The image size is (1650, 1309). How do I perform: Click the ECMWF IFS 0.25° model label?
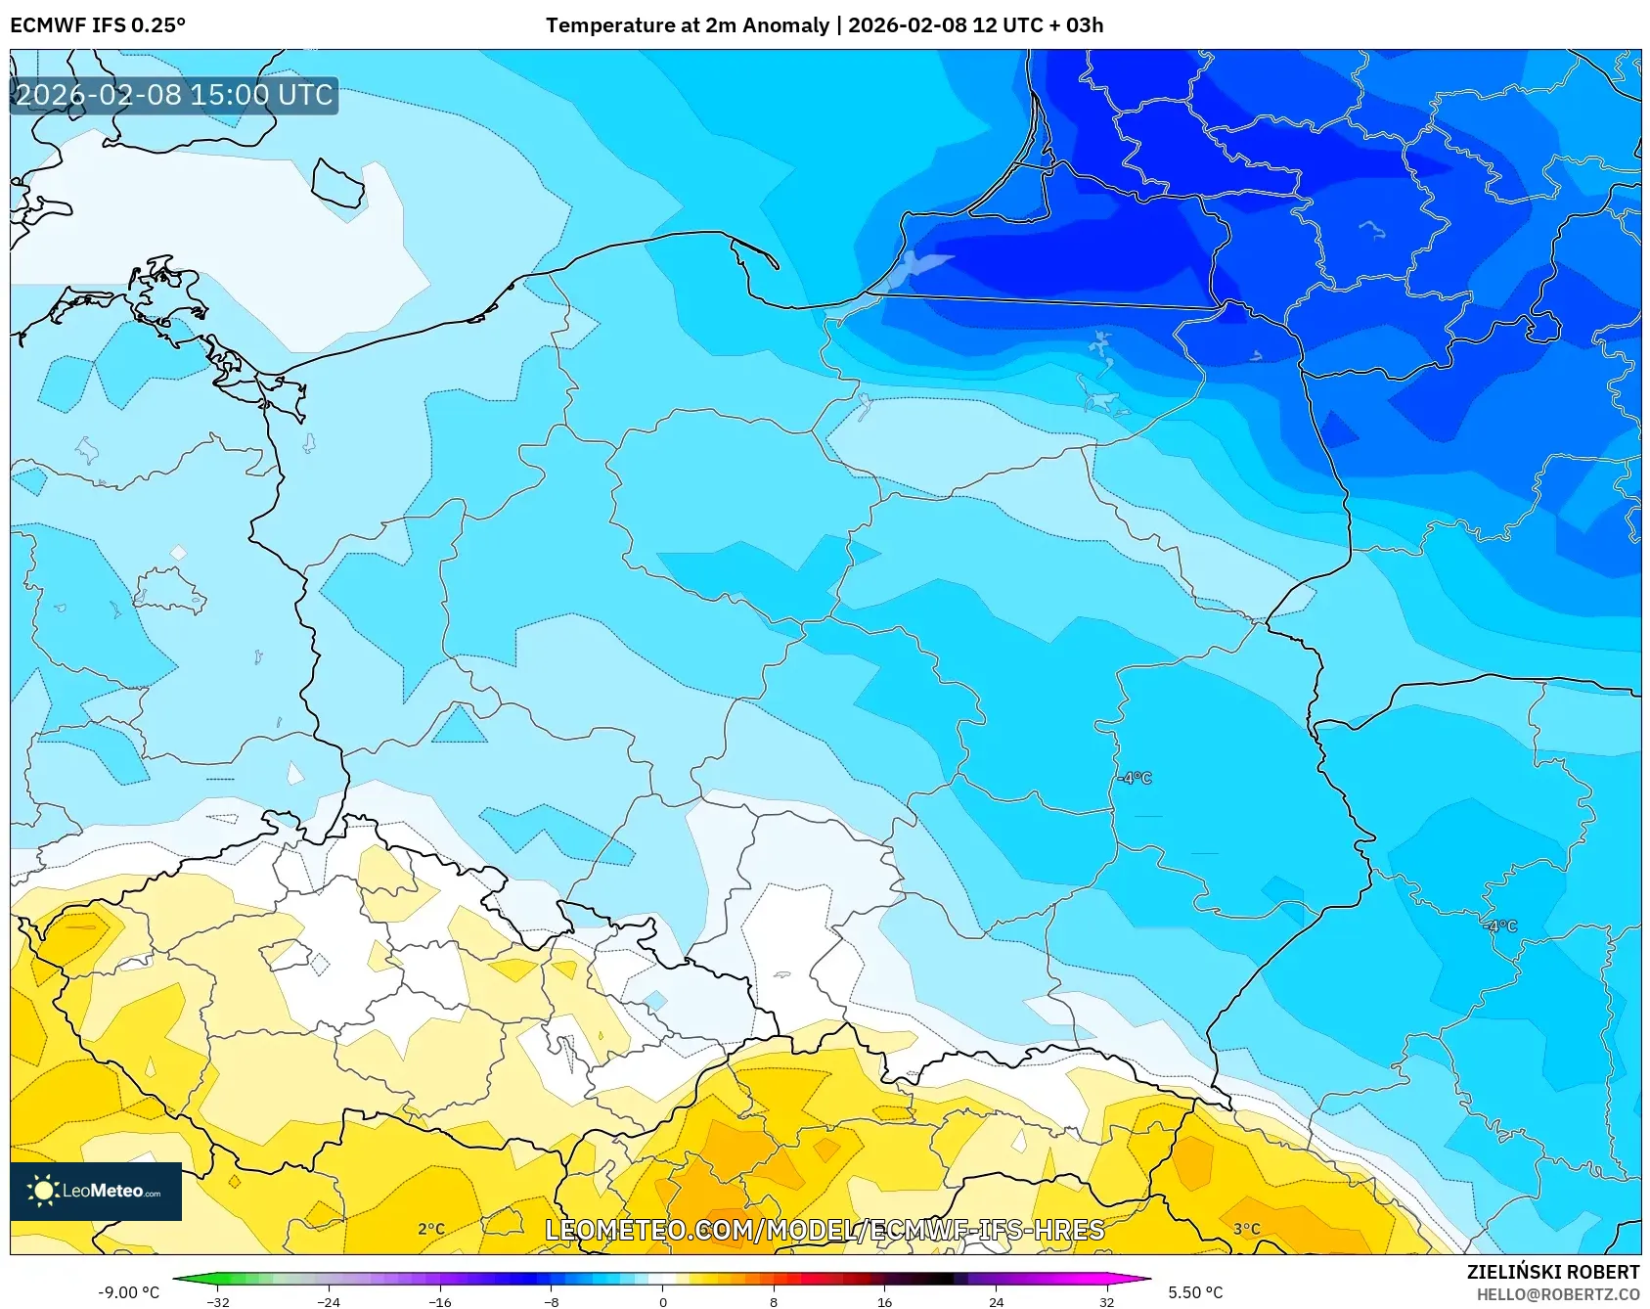pyautogui.click(x=98, y=25)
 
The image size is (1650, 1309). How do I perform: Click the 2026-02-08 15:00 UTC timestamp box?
pyautogui.click(x=174, y=95)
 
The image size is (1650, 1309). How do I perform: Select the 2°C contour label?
pyautogui.click(x=431, y=1229)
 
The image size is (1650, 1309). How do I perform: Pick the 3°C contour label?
pyautogui.click(x=1246, y=1229)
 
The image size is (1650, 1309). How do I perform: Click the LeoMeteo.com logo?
pyautogui.click(x=96, y=1191)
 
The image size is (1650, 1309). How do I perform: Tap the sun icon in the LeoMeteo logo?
pyautogui.click(x=43, y=1190)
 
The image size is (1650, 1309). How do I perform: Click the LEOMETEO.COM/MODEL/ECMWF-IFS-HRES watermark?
pyautogui.click(x=825, y=1230)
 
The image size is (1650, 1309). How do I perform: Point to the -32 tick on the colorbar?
pyautogui.click(x=218, y=1301)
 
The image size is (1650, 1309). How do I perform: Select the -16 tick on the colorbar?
pyautogui.click(x=440, y=1301)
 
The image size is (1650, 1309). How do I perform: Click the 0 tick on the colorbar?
pyautogui.click(x=663, y=1301)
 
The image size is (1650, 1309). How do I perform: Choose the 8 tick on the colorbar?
pyautogui.click(x=774, y=1301)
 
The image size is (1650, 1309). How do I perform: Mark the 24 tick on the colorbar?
pyautogui.click(x=996, y=1301)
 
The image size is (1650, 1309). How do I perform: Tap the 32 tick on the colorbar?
pyautogui.click(x=1106, y=1301)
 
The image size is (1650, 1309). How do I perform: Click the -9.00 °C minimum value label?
pyautogui.click(x=128, y=1292)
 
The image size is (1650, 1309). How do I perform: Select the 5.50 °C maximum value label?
pyautogui.click(x=1195, y=1292)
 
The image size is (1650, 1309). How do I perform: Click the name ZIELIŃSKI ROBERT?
pyautogui.click(x=1552, y=1272)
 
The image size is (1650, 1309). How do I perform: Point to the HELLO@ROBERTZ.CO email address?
pyautogui.click(x=1557, y=1294)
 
